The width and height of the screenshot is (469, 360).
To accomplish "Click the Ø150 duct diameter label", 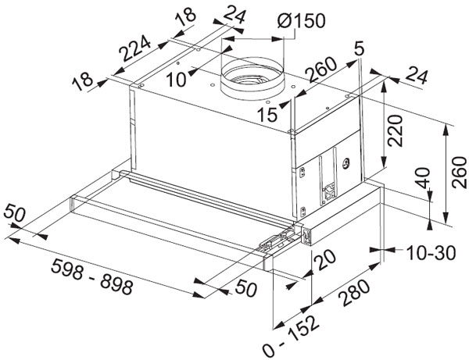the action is coord(301,21).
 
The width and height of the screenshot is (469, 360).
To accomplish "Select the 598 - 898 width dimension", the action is coord(91,277).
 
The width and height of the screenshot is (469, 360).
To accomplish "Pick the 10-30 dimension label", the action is coord(431,253).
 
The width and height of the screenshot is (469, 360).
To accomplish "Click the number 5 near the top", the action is coord(359,48).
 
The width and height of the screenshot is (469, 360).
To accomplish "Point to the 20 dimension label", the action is coord(325,261).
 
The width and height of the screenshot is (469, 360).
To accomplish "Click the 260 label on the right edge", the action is coord(459,173).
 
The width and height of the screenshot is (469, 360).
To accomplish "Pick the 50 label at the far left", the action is coord(14,213).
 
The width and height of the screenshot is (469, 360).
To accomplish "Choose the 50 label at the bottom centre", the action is coord(246,289).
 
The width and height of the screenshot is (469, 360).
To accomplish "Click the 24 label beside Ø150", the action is coord(234,14).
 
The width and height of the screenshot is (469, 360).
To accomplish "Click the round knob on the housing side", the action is coord(345,163).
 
